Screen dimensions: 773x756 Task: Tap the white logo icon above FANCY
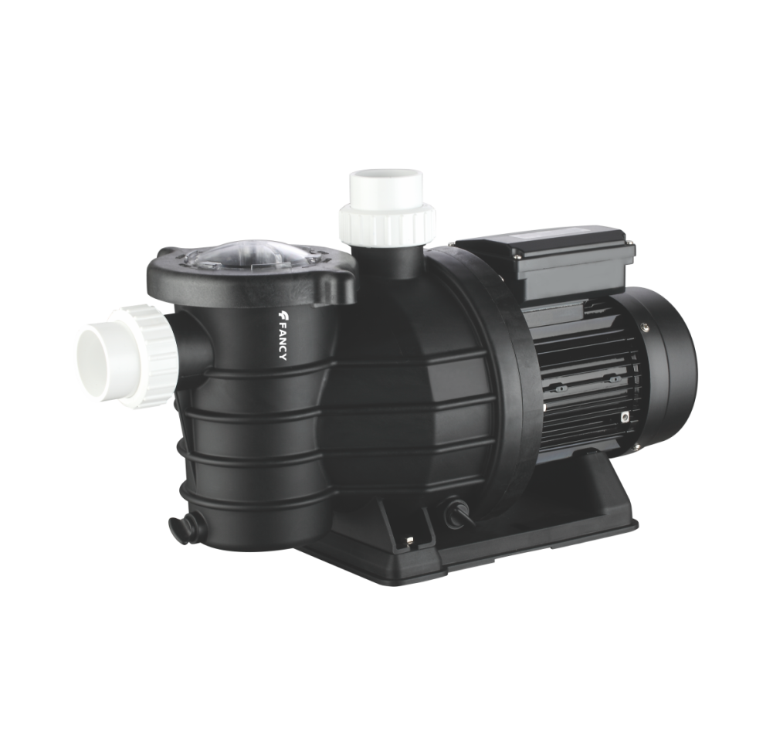[282, 315]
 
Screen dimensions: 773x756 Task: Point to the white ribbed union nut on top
[388, 219]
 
